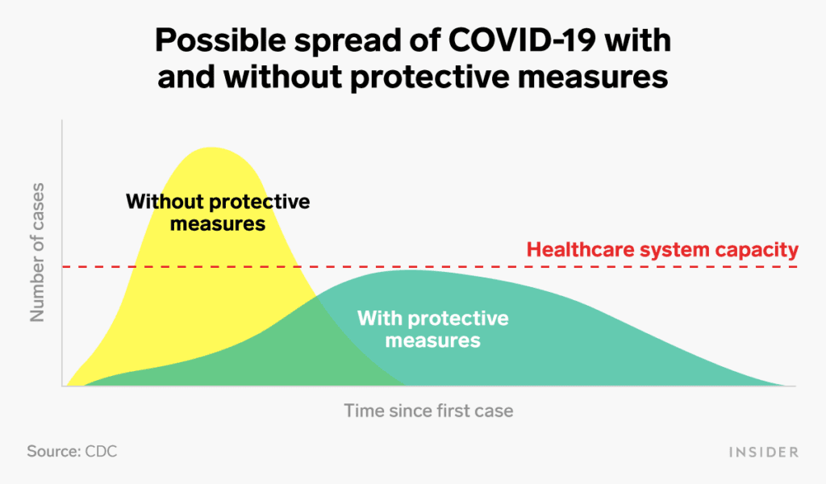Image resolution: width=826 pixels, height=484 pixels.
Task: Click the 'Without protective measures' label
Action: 218,213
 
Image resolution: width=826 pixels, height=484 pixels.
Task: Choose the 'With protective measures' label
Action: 432,329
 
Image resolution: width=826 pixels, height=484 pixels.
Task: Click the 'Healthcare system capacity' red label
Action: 662,249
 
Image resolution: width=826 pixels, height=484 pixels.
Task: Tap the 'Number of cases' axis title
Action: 37,252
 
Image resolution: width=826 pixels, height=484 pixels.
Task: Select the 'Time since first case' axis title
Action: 428,411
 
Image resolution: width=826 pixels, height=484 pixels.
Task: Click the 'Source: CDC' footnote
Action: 72,452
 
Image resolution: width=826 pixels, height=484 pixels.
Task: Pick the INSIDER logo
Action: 763,452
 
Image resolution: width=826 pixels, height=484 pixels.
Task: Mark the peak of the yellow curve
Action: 211,148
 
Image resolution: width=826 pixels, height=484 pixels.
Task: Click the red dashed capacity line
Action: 430,266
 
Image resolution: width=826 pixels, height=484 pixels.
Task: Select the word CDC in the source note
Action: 101,452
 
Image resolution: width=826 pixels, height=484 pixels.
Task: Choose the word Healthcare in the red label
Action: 580,249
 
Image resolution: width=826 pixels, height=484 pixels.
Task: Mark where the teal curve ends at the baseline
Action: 793,386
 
